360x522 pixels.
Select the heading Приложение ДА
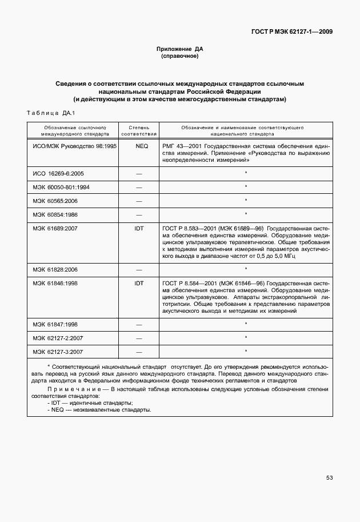click(x=180, y=49)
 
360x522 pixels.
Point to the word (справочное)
click(x=180, y=57)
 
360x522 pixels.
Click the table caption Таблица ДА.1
click(x=51, y=113)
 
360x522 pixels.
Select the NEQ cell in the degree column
click(x=139, y=146)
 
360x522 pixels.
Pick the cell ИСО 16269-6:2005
click(x=58, y=173)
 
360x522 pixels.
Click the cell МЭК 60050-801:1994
click(x=61, y=187)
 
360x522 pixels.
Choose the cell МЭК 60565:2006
click(x=55, y=201)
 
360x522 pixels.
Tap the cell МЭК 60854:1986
click(x=55, y=214)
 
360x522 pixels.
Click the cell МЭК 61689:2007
click(x=55, y=228)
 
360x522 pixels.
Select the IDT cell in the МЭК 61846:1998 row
click(x=139, y=283)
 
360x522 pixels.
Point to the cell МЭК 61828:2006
click(x=55, y=269)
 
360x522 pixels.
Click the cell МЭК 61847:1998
click(x=55, y=324)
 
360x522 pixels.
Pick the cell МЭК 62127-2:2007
click(x=58, y=338)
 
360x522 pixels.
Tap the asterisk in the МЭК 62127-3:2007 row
click(x=246, y=352)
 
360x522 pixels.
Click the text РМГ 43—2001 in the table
click(x=180, y=146)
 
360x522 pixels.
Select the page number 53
click(x=329, y=477)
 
